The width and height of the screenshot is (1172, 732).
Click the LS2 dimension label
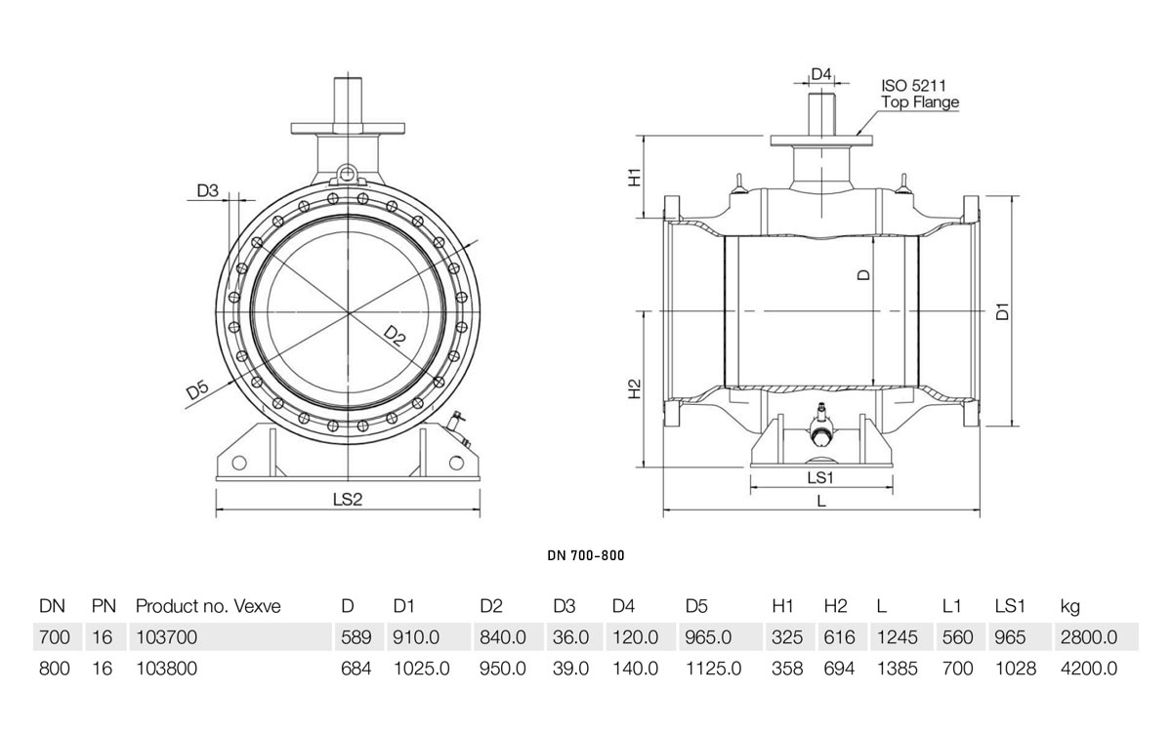click(x=347, y=499)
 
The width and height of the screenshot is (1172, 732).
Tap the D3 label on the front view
click(x=207, y=191)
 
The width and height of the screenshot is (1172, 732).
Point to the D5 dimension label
click(x=198, y=390)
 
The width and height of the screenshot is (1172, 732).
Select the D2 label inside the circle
click(x=393, y=336)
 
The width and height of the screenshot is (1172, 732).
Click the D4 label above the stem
click(x=821, y=75)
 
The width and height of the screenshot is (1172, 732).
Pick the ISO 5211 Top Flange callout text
click(x=919, y=94)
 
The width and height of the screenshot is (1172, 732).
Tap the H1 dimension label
click(x=634, y=177)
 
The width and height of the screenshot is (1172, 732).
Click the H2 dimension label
click(x=634, y=389)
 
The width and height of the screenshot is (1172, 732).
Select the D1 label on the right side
click(x=1001, y=312)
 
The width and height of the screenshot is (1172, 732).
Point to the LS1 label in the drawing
click(x=819, y=477)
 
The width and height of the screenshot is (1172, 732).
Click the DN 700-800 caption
click(x=585, y=555)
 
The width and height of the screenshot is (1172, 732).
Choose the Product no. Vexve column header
click(x=208, y=606)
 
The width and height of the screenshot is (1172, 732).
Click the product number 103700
click(x=166, y=637)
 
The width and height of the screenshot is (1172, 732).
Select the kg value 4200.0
click(x=1088, y=669)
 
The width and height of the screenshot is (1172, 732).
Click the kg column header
click(x=1068, y=606)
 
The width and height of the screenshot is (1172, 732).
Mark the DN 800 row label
click(x=54, y=669)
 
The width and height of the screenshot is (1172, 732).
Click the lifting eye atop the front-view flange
click(x=347, y=175)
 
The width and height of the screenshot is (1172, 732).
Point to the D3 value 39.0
click(x=570, y=669)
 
